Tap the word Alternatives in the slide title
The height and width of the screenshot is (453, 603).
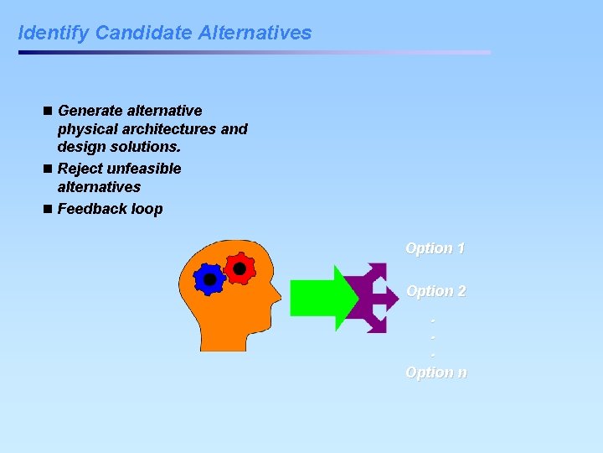[255, 34]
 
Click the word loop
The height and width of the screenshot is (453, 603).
[146, 209]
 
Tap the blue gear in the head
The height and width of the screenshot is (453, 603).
[209, 279]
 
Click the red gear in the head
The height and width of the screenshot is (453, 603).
[240, 268]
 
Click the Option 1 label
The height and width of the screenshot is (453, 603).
[435, 248]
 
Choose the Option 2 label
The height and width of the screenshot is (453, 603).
[435, 291]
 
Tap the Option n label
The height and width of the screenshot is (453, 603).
[435, 372]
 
